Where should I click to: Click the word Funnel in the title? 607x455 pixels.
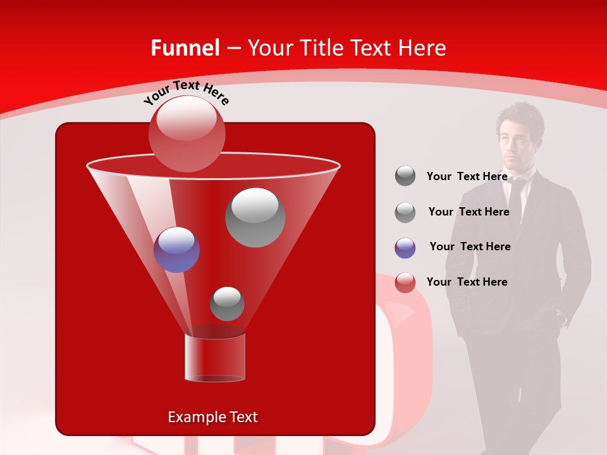[x=185, y=48]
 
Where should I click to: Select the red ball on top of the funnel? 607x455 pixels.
[x=187, y=133]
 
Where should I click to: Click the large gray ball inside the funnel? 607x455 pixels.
[x=255, y=217]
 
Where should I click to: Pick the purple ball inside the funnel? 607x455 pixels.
[x=176, y=250]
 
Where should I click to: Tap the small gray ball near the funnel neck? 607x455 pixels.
[x=227, y=304]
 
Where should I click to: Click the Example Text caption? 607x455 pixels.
[x=212, y=417]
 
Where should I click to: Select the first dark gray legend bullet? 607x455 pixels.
[x=405, y=176]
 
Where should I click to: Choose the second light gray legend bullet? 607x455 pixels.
[x=405, y=212]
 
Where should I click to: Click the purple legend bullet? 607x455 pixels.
[x=405, y=247]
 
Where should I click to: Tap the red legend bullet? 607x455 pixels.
[x=405, y=282]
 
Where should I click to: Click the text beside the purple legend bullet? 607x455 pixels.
[x=470, y=246]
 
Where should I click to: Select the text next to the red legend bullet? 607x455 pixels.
[x=467, y=282]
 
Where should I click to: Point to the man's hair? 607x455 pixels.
[x=520, y=114]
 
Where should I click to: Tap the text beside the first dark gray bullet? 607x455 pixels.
[x=467, y=176]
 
